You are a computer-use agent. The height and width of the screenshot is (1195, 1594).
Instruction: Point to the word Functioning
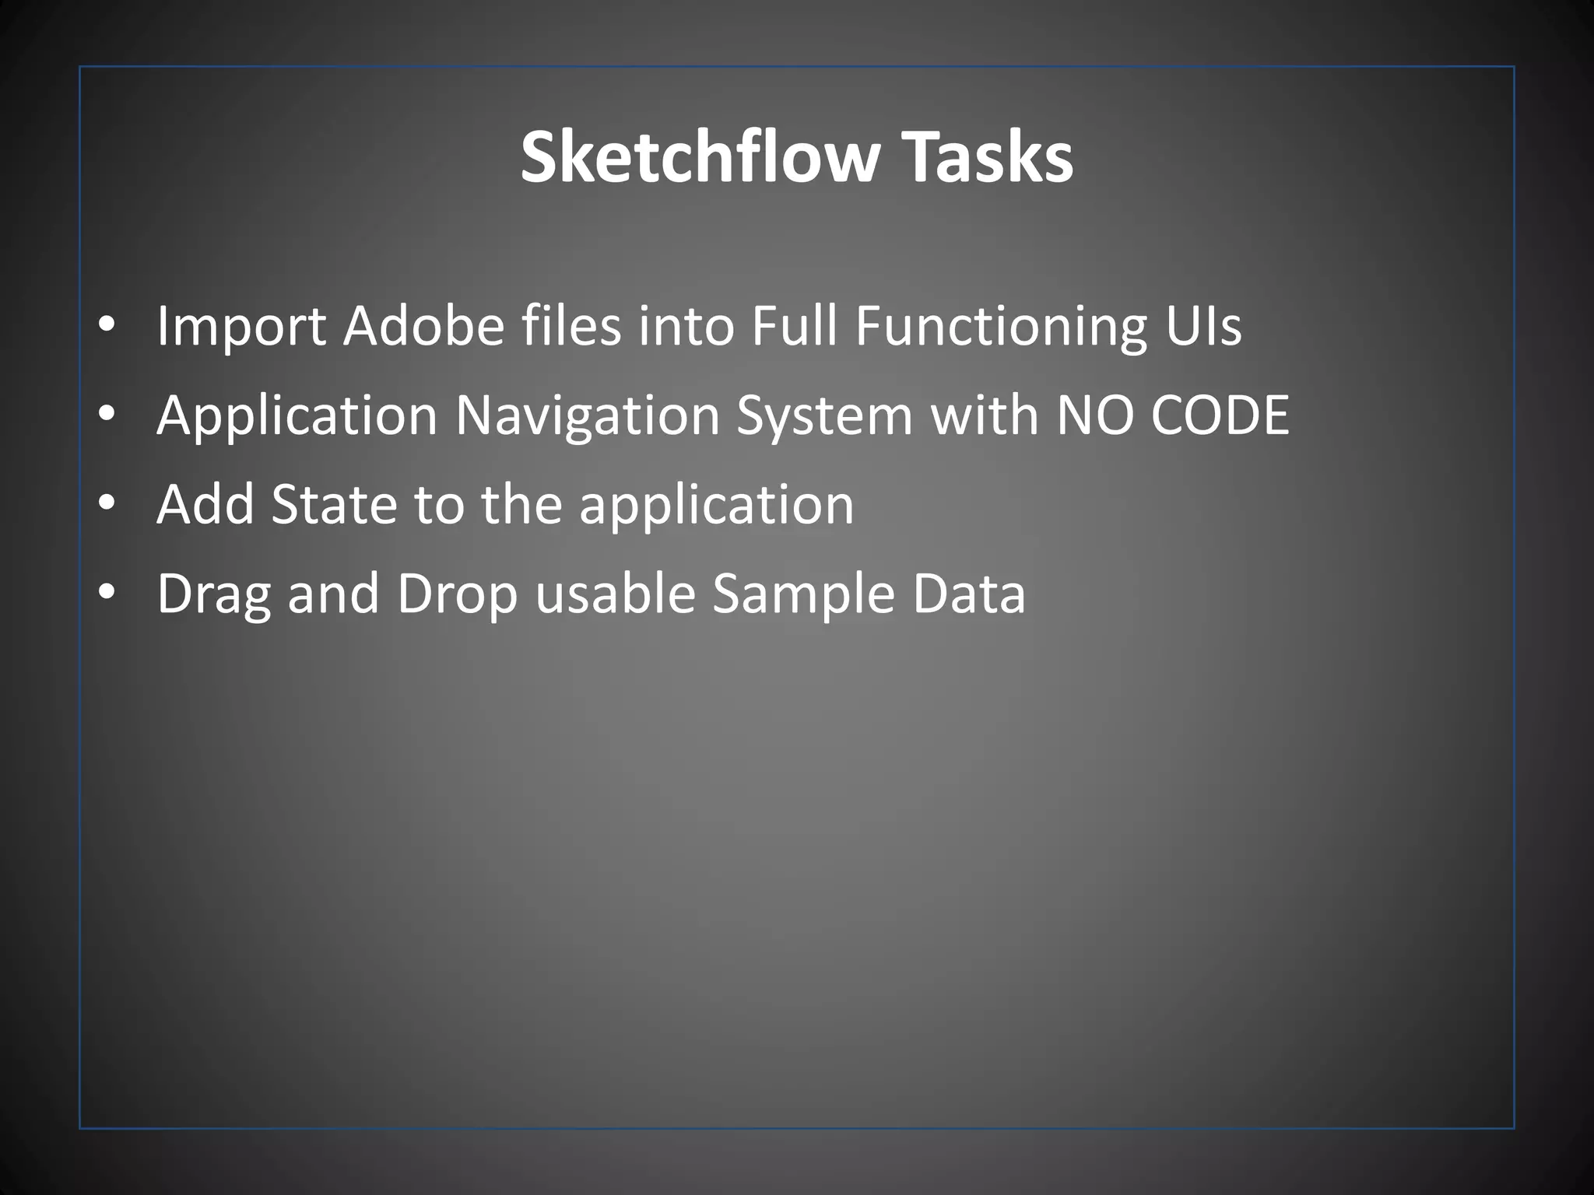click(1001, 327)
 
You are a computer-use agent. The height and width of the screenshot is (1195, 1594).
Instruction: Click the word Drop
click(457, 595)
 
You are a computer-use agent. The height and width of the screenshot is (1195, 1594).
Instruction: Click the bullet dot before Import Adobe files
click(107, 325)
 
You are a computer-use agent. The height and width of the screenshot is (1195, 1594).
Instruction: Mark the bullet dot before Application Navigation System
click(107, 415)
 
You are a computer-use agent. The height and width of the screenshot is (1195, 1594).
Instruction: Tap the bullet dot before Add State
click(107, 504)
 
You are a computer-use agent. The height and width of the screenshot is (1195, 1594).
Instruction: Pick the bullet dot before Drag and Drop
click(107, 594)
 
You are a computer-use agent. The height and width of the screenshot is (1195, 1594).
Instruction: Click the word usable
click(615, 594)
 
